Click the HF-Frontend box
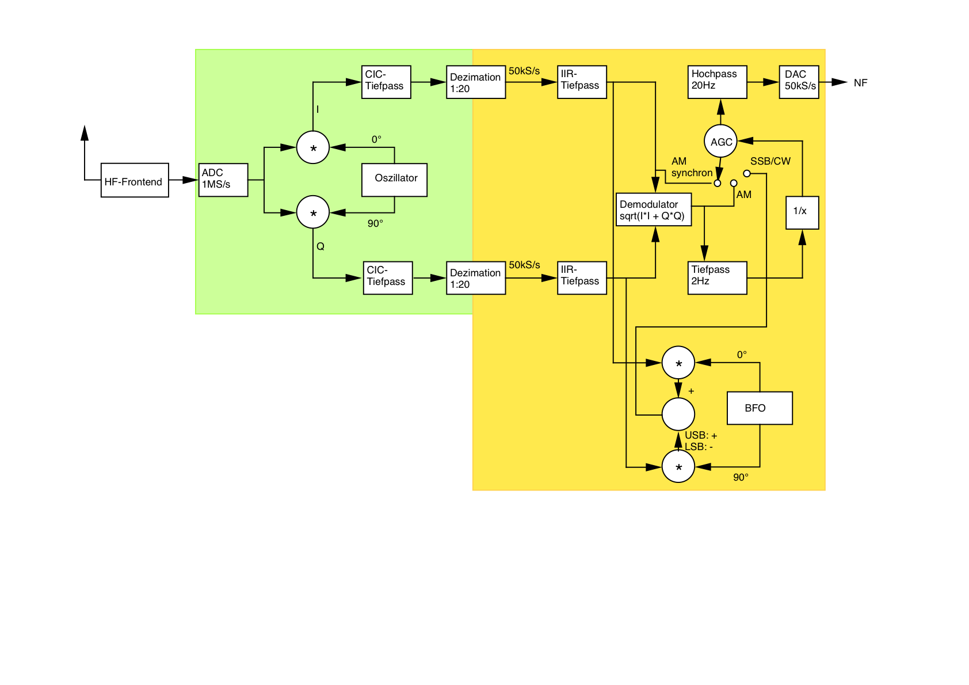coord(135,180)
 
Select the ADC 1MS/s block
coord(223,180)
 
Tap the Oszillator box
coord(394,180)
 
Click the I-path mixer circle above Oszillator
coord(313,147)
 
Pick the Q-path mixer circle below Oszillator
coord(313,212)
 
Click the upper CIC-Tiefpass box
coord(386,82)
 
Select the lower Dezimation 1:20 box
coord(476,278)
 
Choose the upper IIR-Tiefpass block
coord(582,82)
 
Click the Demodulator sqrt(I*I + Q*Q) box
coord(654,210)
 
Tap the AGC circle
coord(720,142)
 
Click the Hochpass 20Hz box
coord(717,82)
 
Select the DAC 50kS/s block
coord(799,82)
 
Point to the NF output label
coord(860,83)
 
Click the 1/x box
coord(802,212)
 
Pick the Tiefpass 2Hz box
coord(717,278)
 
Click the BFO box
coord(760,408)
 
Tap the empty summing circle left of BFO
coord(678,414)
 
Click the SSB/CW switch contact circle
coord(747,173)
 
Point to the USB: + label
coord(701,436)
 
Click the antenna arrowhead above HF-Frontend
coord(85,132)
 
